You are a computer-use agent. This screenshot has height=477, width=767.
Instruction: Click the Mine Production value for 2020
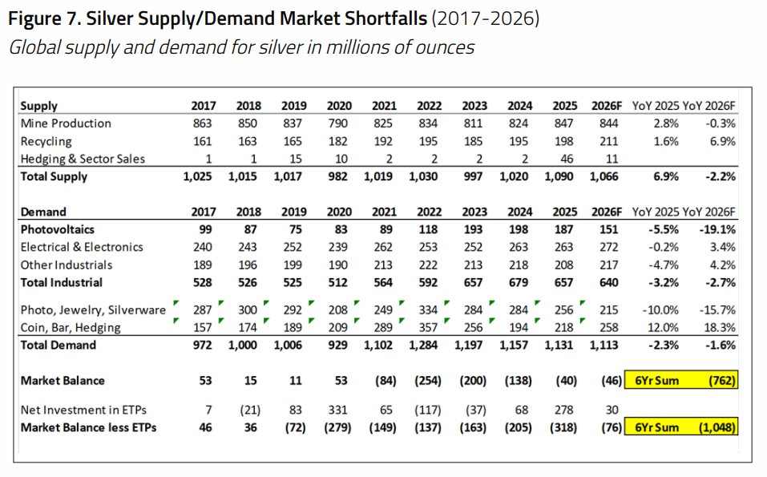pyautogui.click(x=337, y=123)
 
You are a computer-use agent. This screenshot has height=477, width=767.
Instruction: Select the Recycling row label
pyautogui.click(x=46, y=141)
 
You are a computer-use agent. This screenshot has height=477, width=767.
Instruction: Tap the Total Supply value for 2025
pyautogui.click(x=559, y=176)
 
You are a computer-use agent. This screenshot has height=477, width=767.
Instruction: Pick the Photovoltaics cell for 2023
pyautogui.click(x=473, y=229)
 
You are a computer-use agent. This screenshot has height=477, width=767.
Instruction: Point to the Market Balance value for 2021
pyautogui.click(x=386, y=381)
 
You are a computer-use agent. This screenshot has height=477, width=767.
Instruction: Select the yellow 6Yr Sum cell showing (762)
pyautogui.click(x=681, y=381)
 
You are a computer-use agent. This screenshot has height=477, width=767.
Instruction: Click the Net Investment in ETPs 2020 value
pyautogui.click(x=337, y=410)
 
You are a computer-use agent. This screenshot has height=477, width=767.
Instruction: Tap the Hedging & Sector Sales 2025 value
pyautogui.click(x=567, y=159)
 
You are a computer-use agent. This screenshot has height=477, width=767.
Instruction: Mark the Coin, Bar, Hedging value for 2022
pyautogui.click(x=428, y=327)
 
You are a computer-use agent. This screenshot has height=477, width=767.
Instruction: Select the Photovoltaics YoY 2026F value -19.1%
pyautogui.click(x=717, y=229)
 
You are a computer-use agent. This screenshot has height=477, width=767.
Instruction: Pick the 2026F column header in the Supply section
pyautogui.click(x=607, y=106)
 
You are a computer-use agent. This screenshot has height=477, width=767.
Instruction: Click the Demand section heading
pyautogui.click(x=43, y=212)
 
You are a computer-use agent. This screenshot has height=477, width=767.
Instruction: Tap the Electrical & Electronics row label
pyautogui.click(x=82, y=247)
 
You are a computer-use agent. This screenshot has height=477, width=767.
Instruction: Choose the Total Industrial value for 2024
pyautogui.click(x=519, y=282)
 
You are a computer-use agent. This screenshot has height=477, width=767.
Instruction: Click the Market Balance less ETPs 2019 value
pyautogui.click(x=296, y=427)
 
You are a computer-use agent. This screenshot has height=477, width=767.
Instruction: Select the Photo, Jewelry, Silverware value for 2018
pyautogui.click(x=248, y=309)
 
